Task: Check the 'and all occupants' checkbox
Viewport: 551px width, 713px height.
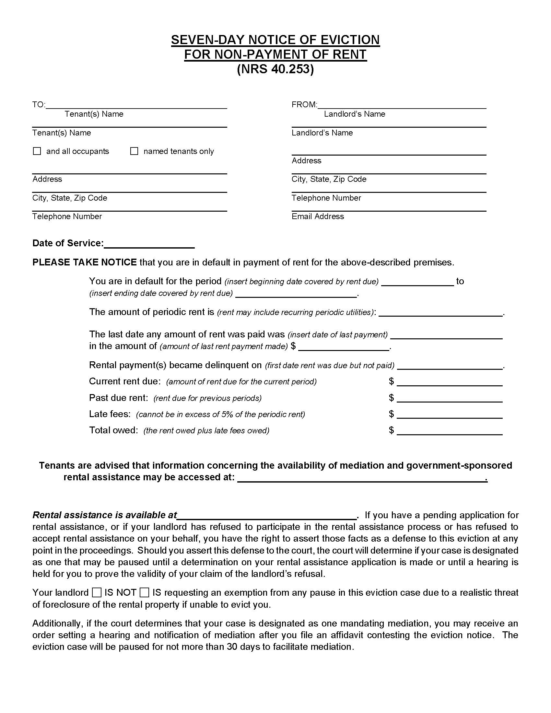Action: coord(37,151)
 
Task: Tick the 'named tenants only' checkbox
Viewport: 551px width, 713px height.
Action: coord(134,151)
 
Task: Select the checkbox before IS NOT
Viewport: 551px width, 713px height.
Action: coord(97,592)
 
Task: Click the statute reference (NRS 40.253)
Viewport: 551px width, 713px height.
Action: coord(275,69)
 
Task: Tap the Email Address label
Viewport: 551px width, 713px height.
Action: coord(318,216)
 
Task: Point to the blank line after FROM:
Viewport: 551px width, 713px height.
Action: coord(402,105)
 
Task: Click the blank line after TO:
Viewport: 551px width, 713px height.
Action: coord(136,105)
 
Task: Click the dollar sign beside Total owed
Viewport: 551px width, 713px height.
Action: coord(392,430)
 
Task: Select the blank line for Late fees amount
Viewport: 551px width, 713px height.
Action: coord(450,415)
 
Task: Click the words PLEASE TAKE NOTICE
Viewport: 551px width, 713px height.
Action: coord(84,263)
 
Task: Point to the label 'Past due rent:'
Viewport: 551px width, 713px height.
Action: coord(119,398)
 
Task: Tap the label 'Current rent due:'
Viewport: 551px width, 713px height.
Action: coord(125,381)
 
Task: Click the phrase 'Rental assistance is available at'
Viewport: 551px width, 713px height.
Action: coord(104,515)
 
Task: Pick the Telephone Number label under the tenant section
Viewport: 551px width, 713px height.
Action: coord(67,216)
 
